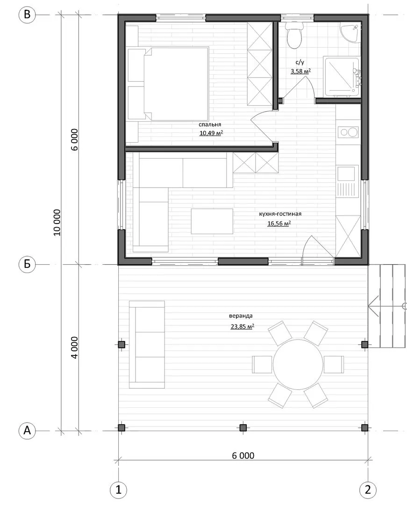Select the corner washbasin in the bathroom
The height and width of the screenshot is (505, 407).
coord(351,32)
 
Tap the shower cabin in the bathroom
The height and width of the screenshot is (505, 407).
coord(342,77)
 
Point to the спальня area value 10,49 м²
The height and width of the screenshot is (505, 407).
coord(211,133)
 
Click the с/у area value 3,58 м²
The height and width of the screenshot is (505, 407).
coord(300,71)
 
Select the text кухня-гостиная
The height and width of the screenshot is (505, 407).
coord(280,214)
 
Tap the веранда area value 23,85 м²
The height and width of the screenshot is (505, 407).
coord(242,326)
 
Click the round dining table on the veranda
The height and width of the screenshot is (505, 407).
coord(298,364)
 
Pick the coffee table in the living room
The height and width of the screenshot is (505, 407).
coord(212,221)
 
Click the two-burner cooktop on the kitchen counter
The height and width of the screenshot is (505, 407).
coord(348,132)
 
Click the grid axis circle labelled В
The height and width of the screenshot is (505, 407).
coord(27,15)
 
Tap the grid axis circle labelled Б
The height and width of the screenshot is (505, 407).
coord(27,264)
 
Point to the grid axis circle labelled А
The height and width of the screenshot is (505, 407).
coord(27,430)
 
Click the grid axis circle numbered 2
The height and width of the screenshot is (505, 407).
coord(368,490)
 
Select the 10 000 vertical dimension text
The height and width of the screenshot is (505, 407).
coord(57,223)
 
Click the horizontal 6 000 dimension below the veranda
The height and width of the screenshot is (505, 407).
coord(243,455)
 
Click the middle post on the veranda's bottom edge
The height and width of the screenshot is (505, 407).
coord(243,428)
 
